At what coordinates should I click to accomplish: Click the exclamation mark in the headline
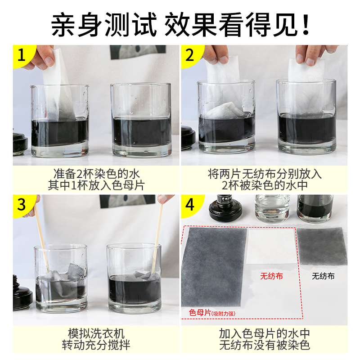click(306, 25)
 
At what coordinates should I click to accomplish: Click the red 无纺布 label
click(271, 276)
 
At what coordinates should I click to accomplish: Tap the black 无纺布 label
click(323, 276)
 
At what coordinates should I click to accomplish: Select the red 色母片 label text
click(200, 312)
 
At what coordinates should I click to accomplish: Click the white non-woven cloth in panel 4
click(271, 246)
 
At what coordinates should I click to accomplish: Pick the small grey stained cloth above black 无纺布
click(322, 246)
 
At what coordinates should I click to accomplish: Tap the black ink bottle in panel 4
click(222, 208)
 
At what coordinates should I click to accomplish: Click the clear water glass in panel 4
click(272, 209)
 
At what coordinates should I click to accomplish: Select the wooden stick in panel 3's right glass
click(157, 239)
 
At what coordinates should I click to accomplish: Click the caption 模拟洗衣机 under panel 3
click(96, 333)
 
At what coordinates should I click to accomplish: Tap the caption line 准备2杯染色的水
click(96, 174)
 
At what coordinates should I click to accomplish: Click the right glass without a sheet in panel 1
click(141, 120)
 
